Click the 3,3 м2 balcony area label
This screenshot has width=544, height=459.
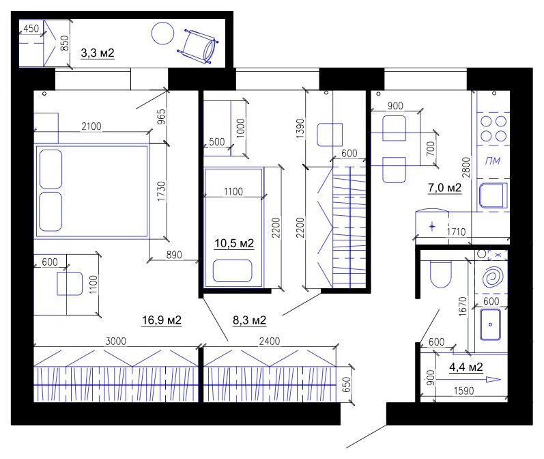click(x=97, y=53)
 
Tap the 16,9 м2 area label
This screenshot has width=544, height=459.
click(x=161, y=320)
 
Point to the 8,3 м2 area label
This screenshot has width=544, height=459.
click(x=249, y=320)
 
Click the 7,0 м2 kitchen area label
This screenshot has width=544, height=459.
click(x=445, y=188)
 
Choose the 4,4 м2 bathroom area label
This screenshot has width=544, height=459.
click(x=466, y=367)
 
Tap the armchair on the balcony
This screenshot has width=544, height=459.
click(x=198, y=44)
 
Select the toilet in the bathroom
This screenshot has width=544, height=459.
click(x=440, y=275)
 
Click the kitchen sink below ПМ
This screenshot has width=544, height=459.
click(x=492, y=196)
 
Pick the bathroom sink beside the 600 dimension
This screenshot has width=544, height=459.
click(x=491, y=325)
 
